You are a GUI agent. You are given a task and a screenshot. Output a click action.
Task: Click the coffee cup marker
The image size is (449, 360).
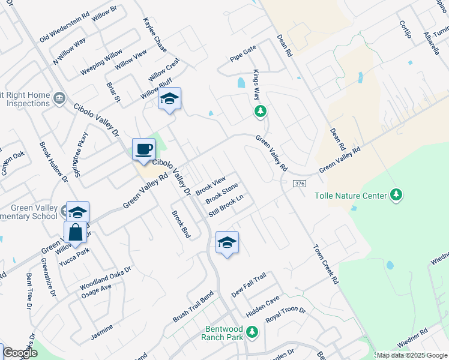(x=143, y=149)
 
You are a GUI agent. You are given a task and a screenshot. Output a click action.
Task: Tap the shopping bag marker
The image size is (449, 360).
(x=75, y=232)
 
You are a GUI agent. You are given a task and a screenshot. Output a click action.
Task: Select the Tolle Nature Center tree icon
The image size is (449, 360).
(x=396, y=195)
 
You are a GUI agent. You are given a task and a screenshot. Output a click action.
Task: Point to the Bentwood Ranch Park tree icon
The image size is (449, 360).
(x=253, y=331)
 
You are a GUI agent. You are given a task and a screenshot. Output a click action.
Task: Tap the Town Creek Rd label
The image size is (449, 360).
(x=326, y=263)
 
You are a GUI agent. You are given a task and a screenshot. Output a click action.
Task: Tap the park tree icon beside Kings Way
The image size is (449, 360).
(x=260, y=111)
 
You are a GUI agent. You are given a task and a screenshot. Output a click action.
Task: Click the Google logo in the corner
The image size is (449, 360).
(x=20, y=353)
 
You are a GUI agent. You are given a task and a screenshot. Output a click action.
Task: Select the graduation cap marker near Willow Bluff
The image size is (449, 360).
(x=169, y=99)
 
